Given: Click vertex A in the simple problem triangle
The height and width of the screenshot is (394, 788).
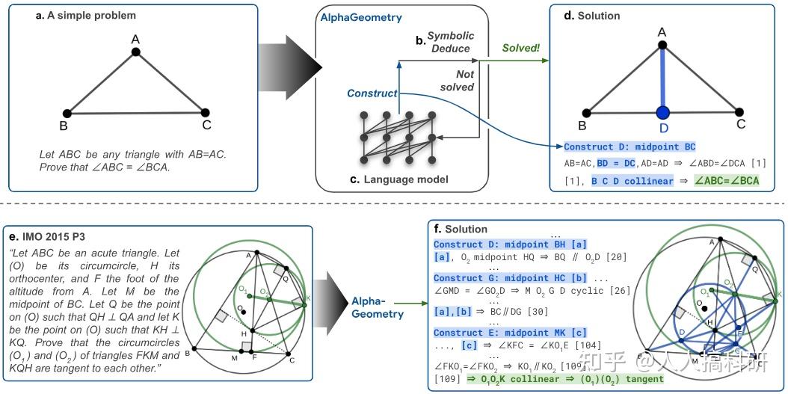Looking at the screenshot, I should (x=135, y=52).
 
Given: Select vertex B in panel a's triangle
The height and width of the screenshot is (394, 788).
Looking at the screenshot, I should (x=67, y=113).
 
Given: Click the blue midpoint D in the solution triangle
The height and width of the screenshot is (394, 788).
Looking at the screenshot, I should (x=662, y=113).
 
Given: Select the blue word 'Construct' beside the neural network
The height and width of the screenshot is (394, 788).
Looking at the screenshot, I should (x=372, y=93).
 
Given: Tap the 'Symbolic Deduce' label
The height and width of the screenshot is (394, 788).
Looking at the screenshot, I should (x=449, y=43).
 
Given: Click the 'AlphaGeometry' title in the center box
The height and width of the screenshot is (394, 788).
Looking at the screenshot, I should (x=362, y=18).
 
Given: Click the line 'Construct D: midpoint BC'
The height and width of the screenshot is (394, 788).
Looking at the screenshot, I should (x=630, y=147).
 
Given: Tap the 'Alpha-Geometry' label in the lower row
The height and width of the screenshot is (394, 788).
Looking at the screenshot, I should (x=378, y=307).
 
